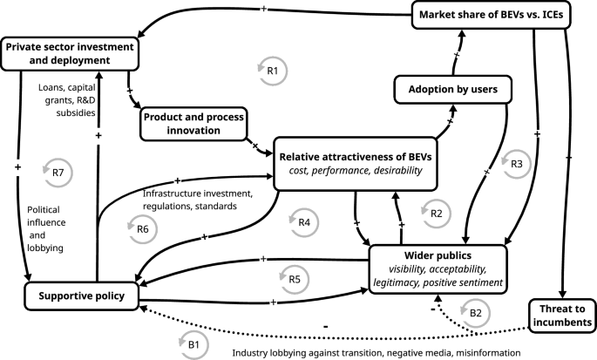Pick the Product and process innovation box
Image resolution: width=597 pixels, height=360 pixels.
[x=193, y=124]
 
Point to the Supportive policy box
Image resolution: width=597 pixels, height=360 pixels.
[x=81, y=296]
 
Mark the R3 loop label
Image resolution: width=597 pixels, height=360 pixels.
[x=517, y=163]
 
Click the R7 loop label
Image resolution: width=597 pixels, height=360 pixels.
[x=58, y=172]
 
